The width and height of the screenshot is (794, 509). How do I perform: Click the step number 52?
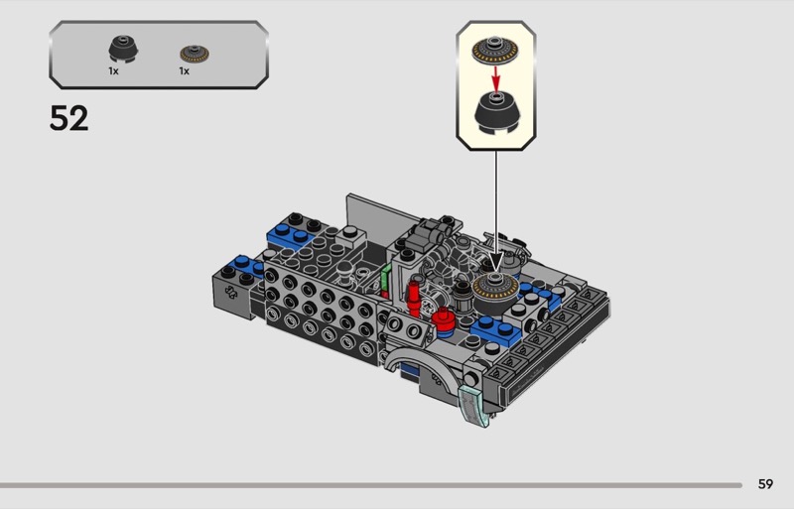pos(68,118)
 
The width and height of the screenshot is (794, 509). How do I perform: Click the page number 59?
pos(765,484)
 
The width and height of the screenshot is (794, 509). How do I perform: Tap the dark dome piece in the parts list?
pos(123,50)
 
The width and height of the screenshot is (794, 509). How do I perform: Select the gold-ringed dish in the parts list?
pos(195,54)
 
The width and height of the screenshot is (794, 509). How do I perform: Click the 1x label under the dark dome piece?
pos(113,71)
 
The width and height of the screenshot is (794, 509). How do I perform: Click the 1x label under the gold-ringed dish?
pos(185,71)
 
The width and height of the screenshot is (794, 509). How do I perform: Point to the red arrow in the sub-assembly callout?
pos(496,77)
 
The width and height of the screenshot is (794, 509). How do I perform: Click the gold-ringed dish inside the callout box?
pos(495,50)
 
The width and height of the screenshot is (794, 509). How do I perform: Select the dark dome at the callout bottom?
pos(496,113)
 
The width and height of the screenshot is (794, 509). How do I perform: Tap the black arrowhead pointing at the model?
pos(495,262)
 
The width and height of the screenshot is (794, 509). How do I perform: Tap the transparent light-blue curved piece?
pos(474,406)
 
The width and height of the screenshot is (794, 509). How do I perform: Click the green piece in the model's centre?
pos(386,280)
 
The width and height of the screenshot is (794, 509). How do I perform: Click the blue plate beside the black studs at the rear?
pos(290,235)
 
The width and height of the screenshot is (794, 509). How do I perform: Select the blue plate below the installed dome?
pos(496,330)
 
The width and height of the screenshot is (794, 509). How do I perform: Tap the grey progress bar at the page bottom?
pos(371,485)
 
